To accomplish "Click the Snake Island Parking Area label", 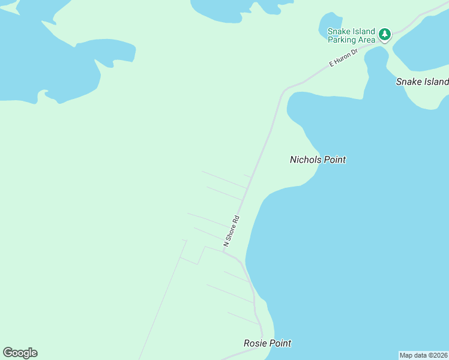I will click(351, 35).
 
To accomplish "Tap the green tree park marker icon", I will click(385, 34).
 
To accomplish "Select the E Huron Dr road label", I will click(343, 58).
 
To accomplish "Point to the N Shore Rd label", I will click(231, 230).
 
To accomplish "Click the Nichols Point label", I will click(318, 160).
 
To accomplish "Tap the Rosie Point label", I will click(267, 343).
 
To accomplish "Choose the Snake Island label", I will click(422, 82).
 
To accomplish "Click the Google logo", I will click(20, 353).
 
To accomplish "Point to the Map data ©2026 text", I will click(423, 355).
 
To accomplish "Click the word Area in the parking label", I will click(367, 40).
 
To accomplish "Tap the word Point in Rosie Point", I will click(280, 343).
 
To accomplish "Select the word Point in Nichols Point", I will click(335, 160).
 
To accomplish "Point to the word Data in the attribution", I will click(418, 355).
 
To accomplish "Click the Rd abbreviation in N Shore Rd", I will click(237, 219).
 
